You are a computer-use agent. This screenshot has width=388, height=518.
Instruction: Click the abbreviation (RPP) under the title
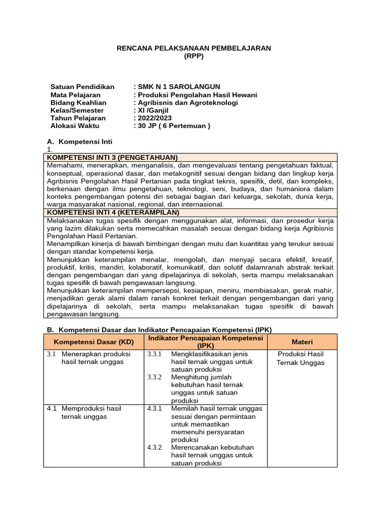(x=194, y=56)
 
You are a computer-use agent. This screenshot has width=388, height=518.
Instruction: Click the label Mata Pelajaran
(x=75, y=95)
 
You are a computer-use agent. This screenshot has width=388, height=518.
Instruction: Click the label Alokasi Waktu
(x=75, y=126)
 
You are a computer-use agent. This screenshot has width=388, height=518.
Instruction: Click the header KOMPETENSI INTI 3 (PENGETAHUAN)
(x=112, y=157)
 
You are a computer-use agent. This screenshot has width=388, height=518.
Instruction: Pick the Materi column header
(x=302, y=341)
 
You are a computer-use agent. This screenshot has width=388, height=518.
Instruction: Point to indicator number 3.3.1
(x=154, y=354)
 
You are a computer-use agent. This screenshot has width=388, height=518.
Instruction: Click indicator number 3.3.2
(x=154, y=377)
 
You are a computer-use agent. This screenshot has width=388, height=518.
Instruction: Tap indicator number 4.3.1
(x=154, y=408)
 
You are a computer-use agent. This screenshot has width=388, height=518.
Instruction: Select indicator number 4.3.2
(x=154, y=447)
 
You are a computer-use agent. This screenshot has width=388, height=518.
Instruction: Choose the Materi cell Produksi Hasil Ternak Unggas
(x=302, y=358)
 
